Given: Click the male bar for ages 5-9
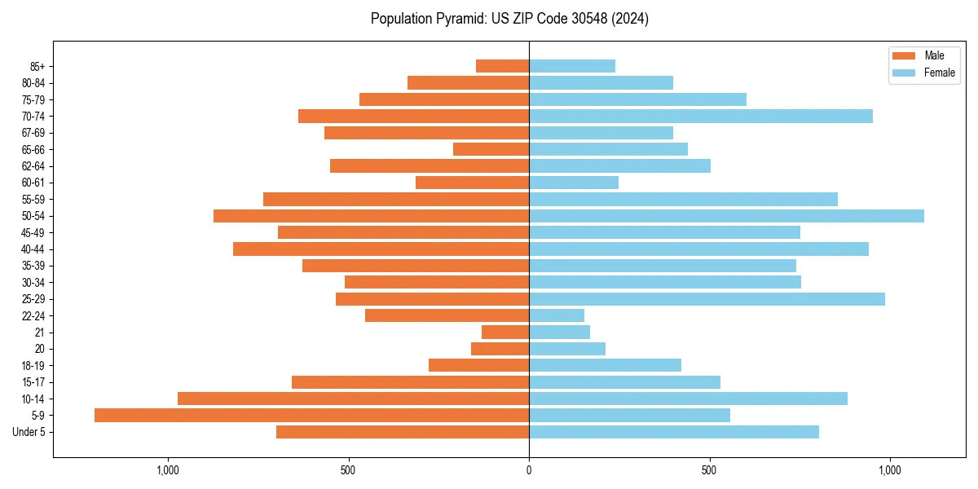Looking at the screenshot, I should (311, 416).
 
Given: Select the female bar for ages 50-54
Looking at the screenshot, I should (726, 216).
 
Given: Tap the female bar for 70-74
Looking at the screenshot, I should (701, 117).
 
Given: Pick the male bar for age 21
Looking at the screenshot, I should (505, 333).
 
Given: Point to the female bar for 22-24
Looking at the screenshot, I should (557, 315).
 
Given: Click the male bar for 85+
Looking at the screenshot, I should (502, 66).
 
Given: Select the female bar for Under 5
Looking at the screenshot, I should (674, 432).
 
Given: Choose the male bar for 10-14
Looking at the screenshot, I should (353, 399).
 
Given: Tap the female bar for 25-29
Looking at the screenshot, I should (707, 299).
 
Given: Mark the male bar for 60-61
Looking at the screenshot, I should (472, 183).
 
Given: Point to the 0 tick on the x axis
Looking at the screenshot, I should (529, 470).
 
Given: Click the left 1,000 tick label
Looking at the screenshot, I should (167, 470).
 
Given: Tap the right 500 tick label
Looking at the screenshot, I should (709, 470).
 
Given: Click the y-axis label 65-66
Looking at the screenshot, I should (33, 150).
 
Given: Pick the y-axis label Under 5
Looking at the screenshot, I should (29, 432).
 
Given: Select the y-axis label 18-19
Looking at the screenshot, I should (33, 366).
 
